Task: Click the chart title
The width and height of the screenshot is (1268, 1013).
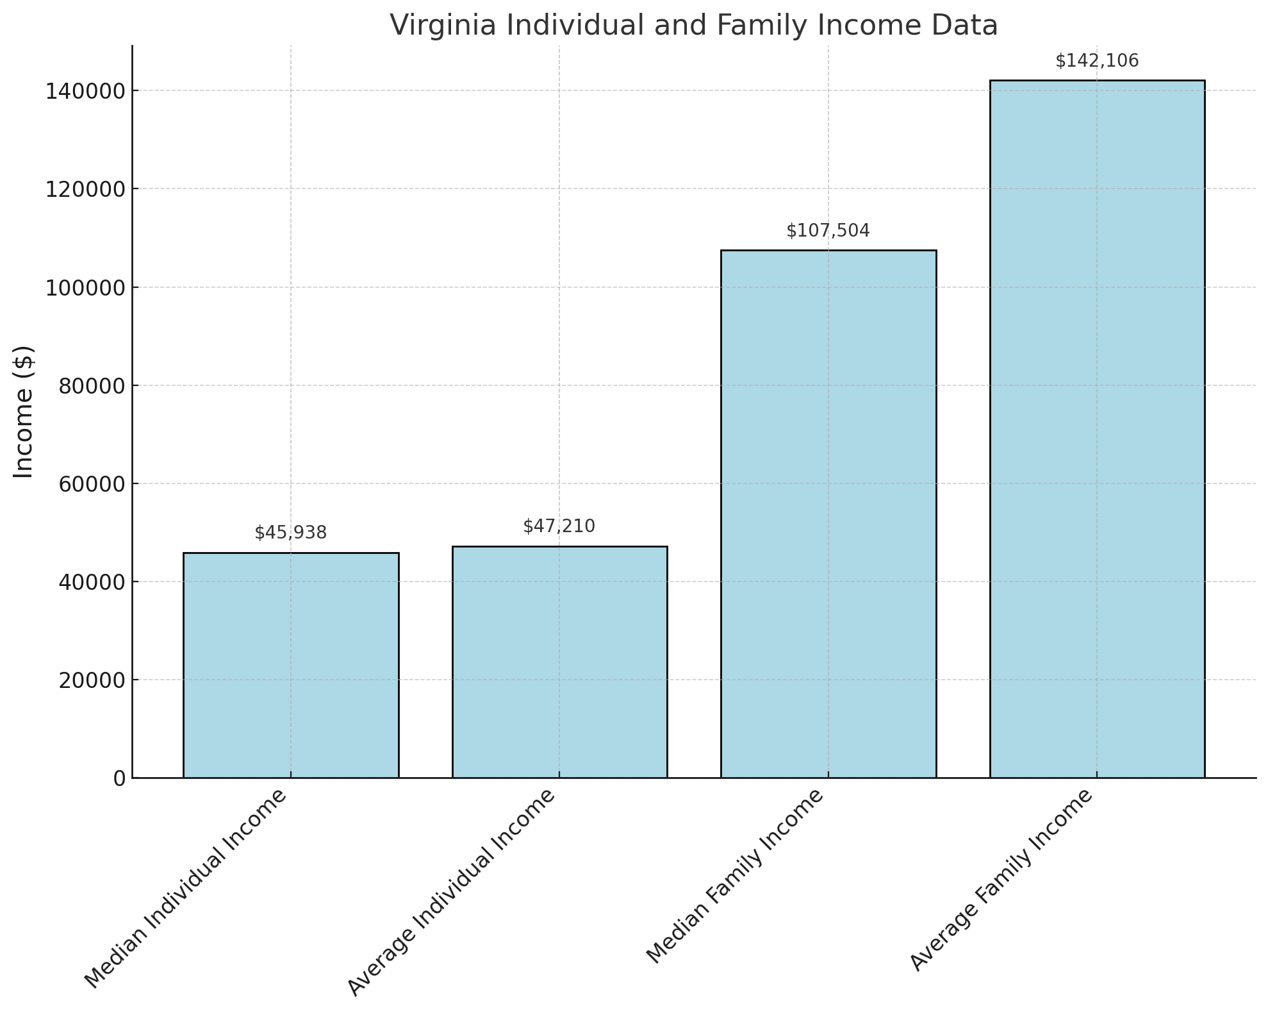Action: (x=693, y=26)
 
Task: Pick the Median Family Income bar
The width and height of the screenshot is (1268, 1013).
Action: (x=828, y=514)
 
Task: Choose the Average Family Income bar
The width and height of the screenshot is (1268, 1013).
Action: (x=1096, y=429)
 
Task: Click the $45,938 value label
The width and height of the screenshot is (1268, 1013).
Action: (x=291, y=533)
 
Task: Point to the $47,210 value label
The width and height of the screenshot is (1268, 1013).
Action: (x=559, y=526)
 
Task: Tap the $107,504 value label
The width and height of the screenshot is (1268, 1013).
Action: (x=828, y=231)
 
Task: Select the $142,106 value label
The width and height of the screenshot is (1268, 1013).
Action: (x=1096, y=61)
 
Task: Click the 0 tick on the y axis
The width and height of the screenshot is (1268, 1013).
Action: (x=120, y=778)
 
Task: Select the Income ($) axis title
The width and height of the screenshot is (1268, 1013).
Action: (x=24, y=411)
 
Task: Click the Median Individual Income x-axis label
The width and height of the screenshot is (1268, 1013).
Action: (x=186, y=891)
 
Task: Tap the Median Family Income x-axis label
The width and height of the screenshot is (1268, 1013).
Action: (x=734, y=878)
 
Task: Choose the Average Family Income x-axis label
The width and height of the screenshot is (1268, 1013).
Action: (x=1001, y=882)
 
